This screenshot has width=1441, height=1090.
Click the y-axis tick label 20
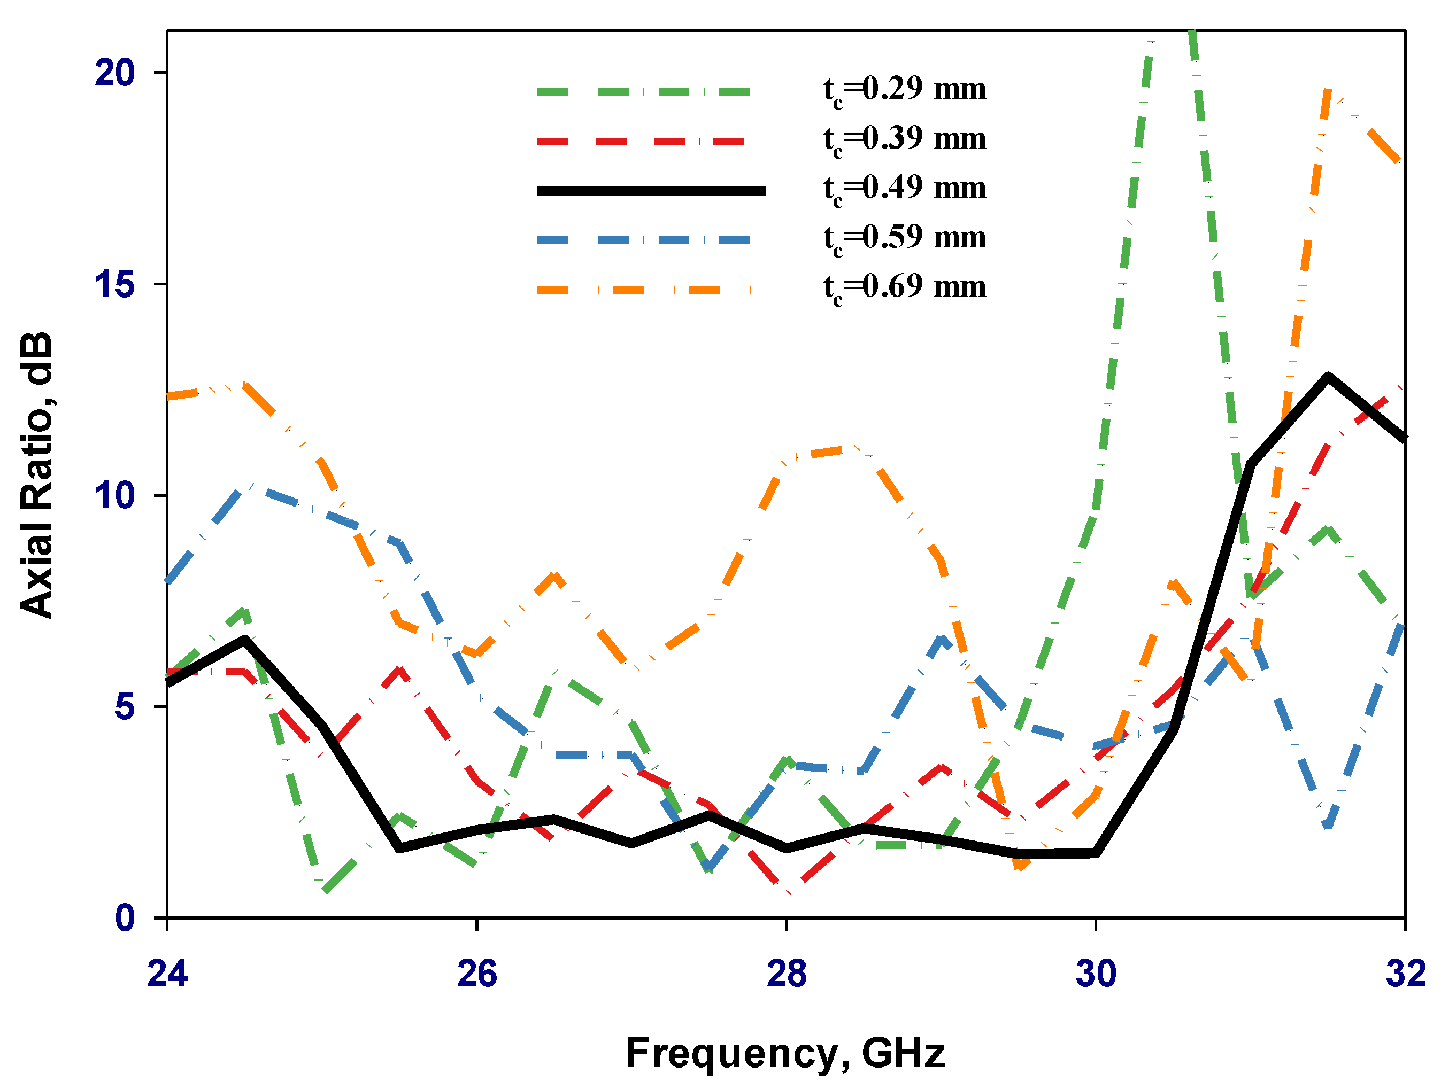[114, 72]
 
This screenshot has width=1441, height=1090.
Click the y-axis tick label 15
[114, 285]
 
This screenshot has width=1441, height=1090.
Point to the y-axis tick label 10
[114, 496]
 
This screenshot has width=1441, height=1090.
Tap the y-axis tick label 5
[125, 707]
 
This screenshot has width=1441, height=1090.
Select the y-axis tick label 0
[125, 918]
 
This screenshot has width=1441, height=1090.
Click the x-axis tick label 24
[167, 975]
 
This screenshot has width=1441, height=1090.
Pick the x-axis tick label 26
[477, 975]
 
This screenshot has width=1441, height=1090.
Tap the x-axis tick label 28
[787, 975]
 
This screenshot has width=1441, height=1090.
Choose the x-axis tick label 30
[1096, 975]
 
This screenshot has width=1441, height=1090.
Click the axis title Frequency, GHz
[785, 1054]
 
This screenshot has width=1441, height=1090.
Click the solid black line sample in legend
[651, 191]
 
